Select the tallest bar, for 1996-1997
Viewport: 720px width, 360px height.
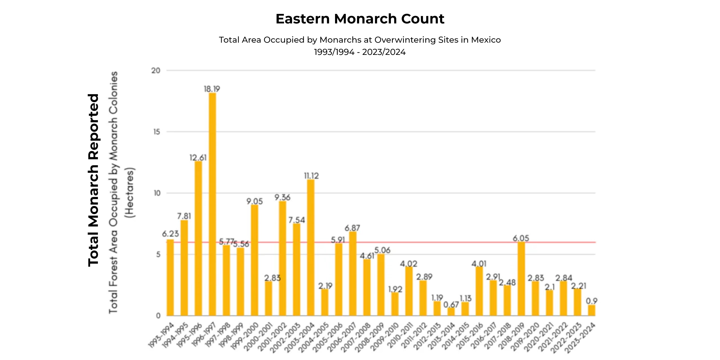[212, 204]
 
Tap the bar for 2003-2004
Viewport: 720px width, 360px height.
[310, 247]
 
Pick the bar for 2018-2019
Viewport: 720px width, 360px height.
[521, 279]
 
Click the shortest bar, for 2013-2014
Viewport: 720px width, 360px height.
[451, 312]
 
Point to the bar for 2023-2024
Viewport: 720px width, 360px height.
[591, 310]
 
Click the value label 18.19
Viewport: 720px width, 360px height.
[212, 89]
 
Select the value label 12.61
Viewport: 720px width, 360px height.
[198, 158]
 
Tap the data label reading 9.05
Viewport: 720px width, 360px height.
[254, 201]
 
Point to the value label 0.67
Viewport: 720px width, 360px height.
[451, 304]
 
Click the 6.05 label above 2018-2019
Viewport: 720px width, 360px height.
[521, 238]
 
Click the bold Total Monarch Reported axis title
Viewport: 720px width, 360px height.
[93, 180]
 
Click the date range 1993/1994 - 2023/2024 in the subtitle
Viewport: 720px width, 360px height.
[360, 52]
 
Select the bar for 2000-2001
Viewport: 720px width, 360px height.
[268, 298]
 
